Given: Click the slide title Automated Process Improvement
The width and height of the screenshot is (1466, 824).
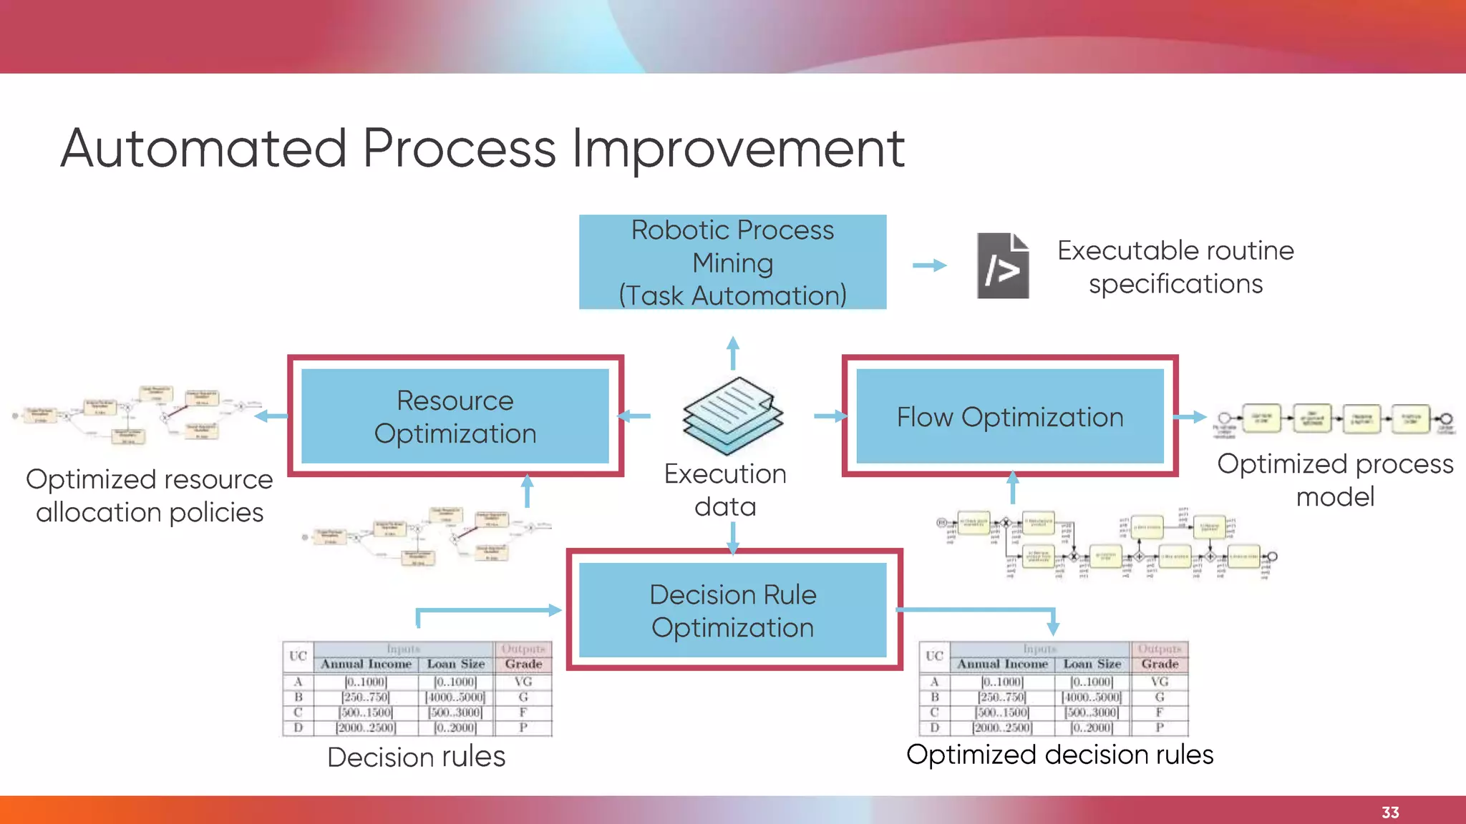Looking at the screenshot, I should tap(482, 149).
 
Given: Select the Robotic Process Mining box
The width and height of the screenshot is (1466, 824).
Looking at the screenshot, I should tap(732, 263).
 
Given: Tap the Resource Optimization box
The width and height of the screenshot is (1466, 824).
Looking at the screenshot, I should tap(455, 416).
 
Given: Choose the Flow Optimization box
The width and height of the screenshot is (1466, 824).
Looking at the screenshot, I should tap(1009, 416).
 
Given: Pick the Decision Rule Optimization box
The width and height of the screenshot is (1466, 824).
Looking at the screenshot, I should tap(733, 610).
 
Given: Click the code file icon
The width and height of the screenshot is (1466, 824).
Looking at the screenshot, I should tap(1003, 265).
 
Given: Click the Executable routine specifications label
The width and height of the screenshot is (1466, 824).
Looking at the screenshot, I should tap(1175, 267).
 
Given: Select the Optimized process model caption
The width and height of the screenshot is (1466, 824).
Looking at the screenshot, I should tap(1335, 480).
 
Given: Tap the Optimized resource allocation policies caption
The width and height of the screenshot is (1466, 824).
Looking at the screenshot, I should tap(150, 496).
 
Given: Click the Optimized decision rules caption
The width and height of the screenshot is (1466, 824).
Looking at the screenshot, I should tap(1059, 755).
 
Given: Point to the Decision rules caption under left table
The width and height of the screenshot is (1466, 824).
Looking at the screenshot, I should tap(416, 757).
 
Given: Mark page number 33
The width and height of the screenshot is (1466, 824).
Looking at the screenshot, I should tap(1390, 813).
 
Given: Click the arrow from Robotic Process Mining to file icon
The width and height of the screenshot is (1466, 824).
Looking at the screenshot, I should tap(929, 265).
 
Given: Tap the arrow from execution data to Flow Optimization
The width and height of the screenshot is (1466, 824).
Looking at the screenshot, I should tap(830, 416).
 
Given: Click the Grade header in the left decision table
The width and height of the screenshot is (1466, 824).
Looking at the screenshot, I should tap(523, 664).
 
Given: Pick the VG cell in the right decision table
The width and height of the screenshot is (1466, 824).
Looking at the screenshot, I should tap(1160, 682).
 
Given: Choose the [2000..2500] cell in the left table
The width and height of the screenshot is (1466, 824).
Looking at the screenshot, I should tap(366, 727).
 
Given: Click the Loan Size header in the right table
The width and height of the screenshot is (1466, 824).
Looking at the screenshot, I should tap(1092, 664).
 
